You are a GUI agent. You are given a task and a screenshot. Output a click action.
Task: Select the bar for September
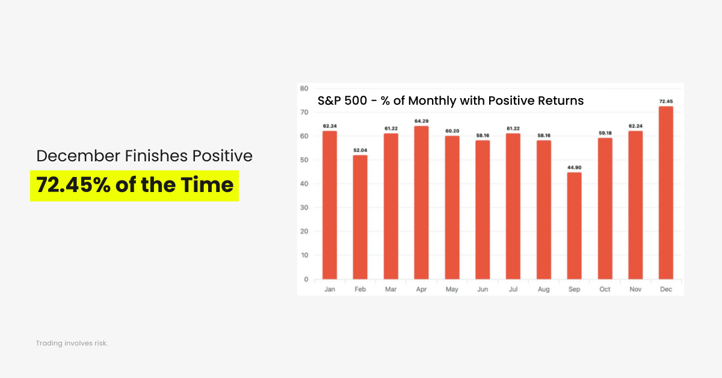pos(574,226)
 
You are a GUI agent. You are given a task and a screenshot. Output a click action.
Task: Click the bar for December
pos(665,193)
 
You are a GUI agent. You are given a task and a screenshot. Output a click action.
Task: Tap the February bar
pos(360,217)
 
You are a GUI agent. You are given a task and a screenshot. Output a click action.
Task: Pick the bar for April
pos(421,202)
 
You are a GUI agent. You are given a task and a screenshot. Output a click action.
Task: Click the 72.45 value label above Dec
pos(665,101)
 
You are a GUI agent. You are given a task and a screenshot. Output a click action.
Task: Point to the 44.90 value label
pos(574,167)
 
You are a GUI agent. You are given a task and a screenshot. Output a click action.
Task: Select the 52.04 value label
pos(360,150)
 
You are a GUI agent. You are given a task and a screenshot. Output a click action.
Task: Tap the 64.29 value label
pos(421,121)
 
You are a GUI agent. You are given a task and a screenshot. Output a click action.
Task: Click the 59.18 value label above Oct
pos(605,133)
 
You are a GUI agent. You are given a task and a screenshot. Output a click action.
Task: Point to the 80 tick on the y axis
pos(304,88)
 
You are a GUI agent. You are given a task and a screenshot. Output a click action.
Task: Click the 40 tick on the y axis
pos(304,184)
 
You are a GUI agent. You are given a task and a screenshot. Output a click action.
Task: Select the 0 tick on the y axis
pos(306,279)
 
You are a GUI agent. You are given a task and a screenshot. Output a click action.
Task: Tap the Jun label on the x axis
pos(482,290)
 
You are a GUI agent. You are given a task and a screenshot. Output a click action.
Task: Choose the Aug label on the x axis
pos(543,290)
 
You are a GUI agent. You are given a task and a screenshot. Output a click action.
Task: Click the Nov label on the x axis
pos(635,290)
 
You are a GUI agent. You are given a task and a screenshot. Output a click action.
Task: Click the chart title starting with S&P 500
pos(451,101)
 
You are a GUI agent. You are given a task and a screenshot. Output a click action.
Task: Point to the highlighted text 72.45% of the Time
pos(135,185)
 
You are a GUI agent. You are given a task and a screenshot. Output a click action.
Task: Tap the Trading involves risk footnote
pos(72,343)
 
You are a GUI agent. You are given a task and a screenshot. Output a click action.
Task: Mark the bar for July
pos(513,206)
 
